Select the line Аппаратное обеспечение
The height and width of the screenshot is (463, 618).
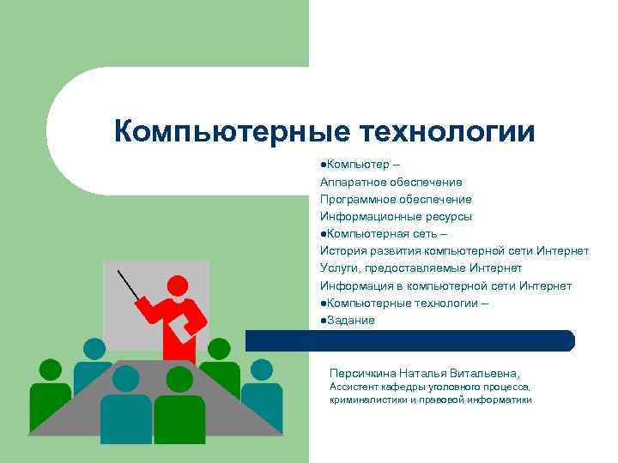coord(391,182)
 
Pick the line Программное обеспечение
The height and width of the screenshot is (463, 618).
coord(396,199)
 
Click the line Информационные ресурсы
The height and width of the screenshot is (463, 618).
coord(396,217)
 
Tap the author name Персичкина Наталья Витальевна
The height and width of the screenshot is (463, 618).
coord(424,374)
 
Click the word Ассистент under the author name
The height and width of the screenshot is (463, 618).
coord(354,388)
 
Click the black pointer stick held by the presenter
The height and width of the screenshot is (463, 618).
coord(128,284)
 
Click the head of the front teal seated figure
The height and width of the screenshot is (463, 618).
coord(126,378)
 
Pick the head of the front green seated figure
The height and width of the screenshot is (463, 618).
coord(179,379)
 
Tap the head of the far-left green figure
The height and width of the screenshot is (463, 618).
coord(51,370)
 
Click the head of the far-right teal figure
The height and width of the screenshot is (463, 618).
coord(261,370)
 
